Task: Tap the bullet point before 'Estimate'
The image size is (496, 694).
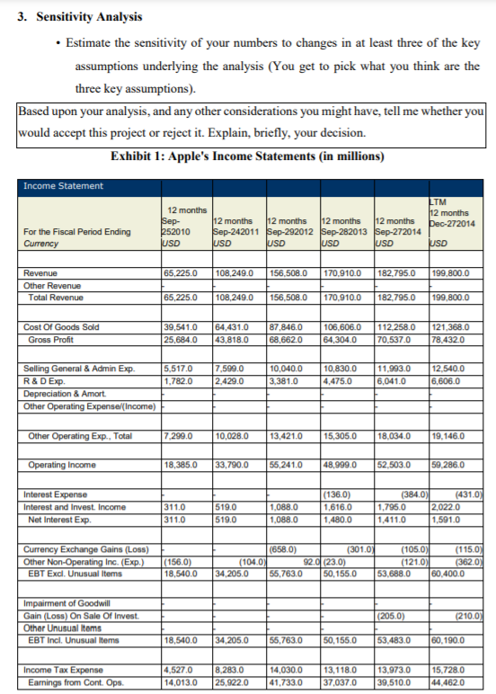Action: (58, 43)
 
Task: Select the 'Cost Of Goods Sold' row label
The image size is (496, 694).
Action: (59, 327)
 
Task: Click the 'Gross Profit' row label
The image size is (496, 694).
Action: (51, 338)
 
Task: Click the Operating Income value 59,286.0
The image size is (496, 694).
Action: (451, 465)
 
